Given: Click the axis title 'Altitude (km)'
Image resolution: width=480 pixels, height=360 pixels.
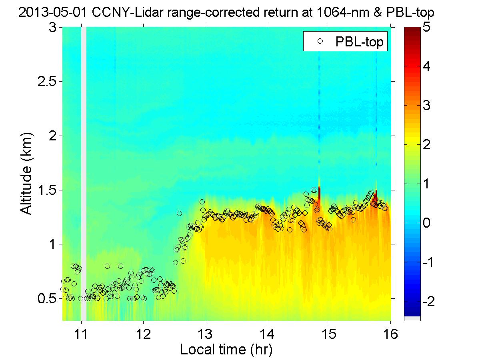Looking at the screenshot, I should coord(27,174).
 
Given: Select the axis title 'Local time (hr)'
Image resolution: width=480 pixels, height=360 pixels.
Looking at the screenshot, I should coord(226,350).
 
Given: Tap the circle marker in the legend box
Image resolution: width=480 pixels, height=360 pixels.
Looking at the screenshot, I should coord(320,41).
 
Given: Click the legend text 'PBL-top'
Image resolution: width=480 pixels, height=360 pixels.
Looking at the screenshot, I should coord(360,42).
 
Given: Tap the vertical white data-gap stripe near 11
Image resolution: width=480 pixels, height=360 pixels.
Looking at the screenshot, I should coord(84,160).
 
